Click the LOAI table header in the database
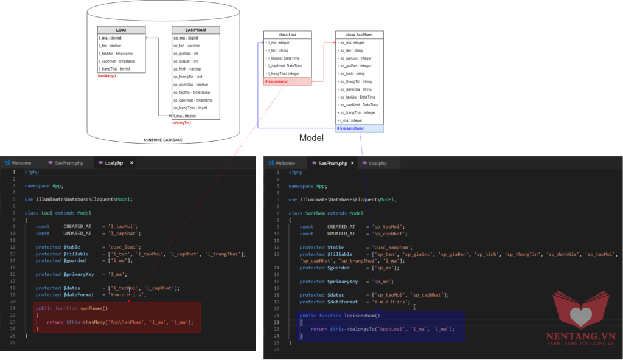[121, 30]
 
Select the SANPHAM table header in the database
[195, 30]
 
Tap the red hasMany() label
[106, 76]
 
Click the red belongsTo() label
[181, 123]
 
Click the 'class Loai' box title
[287, 35]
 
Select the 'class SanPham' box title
[359, 35]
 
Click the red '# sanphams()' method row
[287, 81]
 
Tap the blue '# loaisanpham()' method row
[359, 128]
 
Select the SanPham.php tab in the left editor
[68, 163]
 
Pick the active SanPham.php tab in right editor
[332, 163]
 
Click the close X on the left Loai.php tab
[131, 163]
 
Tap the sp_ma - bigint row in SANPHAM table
[186, 38]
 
